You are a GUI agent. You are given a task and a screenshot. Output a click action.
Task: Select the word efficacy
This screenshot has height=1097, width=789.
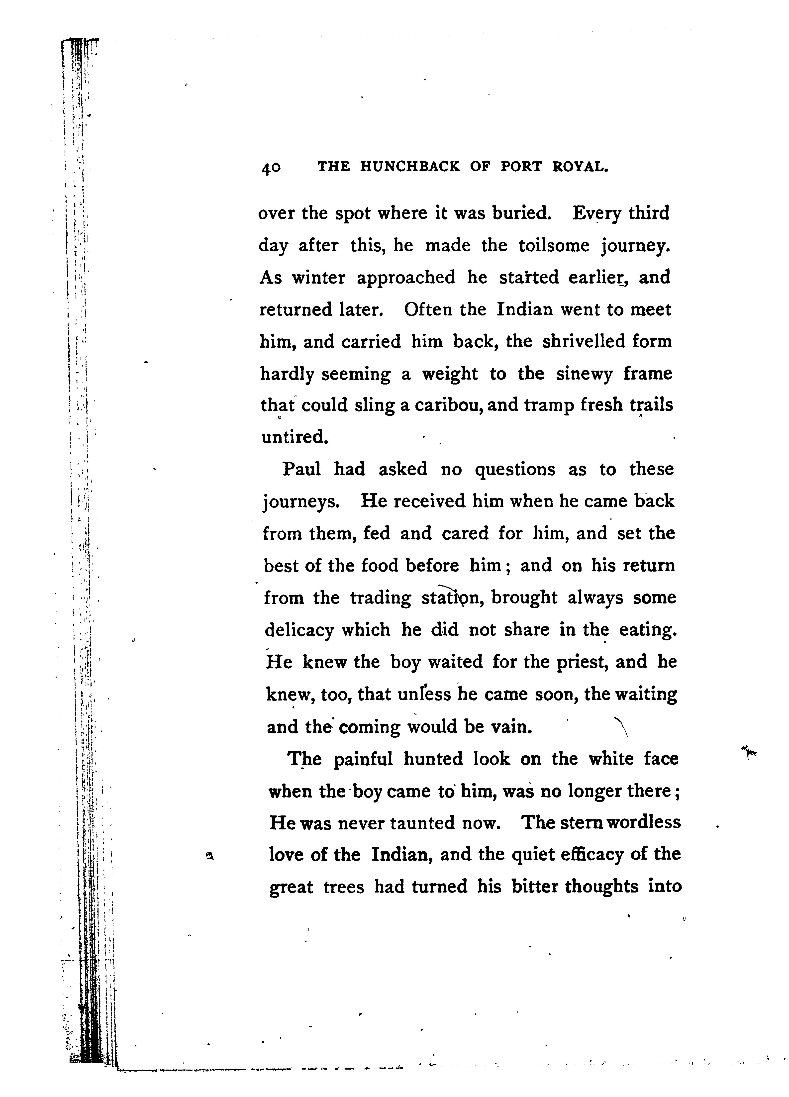[591, 855]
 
